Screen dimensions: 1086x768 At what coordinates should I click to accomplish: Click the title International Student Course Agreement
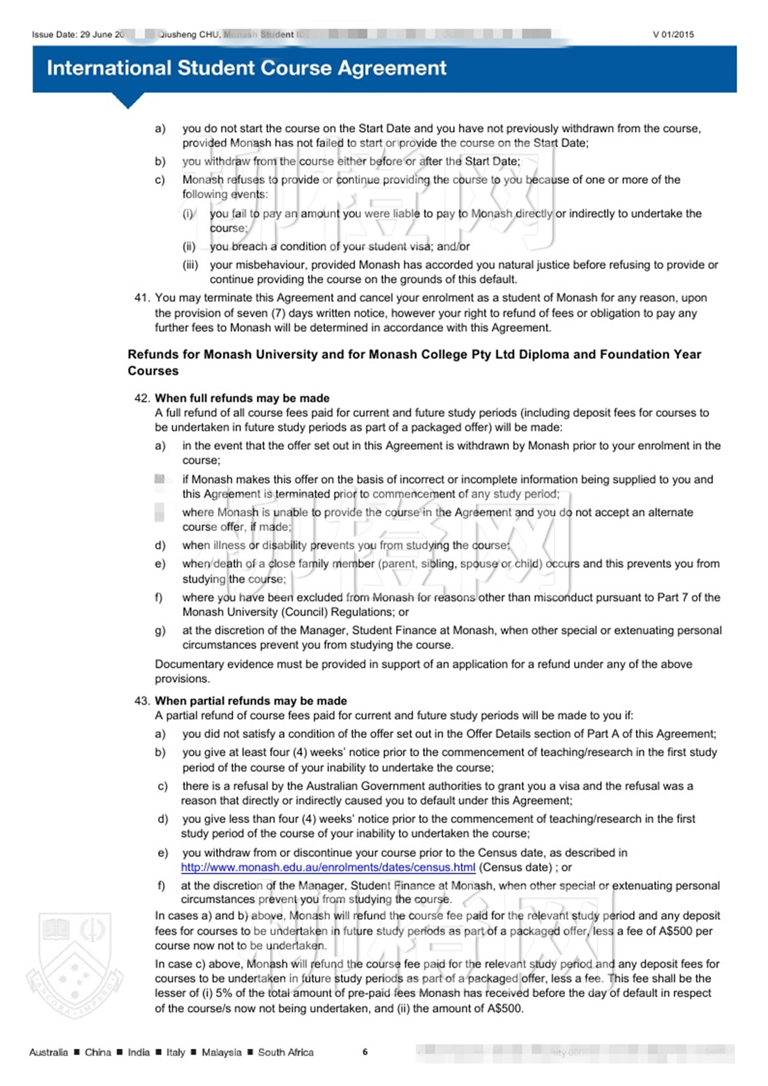246,68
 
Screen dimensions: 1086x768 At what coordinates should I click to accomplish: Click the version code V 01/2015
673,35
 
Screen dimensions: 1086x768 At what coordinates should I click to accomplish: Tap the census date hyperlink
328,867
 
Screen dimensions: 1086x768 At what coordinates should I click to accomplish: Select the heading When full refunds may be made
242,398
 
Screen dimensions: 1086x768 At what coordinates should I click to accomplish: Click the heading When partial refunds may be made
251,701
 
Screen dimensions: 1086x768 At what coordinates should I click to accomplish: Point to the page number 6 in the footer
365,1051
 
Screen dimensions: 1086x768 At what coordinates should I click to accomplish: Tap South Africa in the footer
286,1052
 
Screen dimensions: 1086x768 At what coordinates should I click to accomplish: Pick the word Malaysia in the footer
221,1052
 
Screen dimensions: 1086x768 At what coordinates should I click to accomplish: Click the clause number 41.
142,298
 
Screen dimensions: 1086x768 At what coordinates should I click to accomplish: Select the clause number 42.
142,398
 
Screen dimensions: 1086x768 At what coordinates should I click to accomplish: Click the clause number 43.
142,701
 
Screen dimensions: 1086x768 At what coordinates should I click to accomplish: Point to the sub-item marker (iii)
190,265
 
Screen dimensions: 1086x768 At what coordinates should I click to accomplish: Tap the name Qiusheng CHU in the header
189,35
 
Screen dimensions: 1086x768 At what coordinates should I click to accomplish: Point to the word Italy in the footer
176,1052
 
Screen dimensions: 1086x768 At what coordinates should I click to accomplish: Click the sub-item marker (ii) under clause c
189,247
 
